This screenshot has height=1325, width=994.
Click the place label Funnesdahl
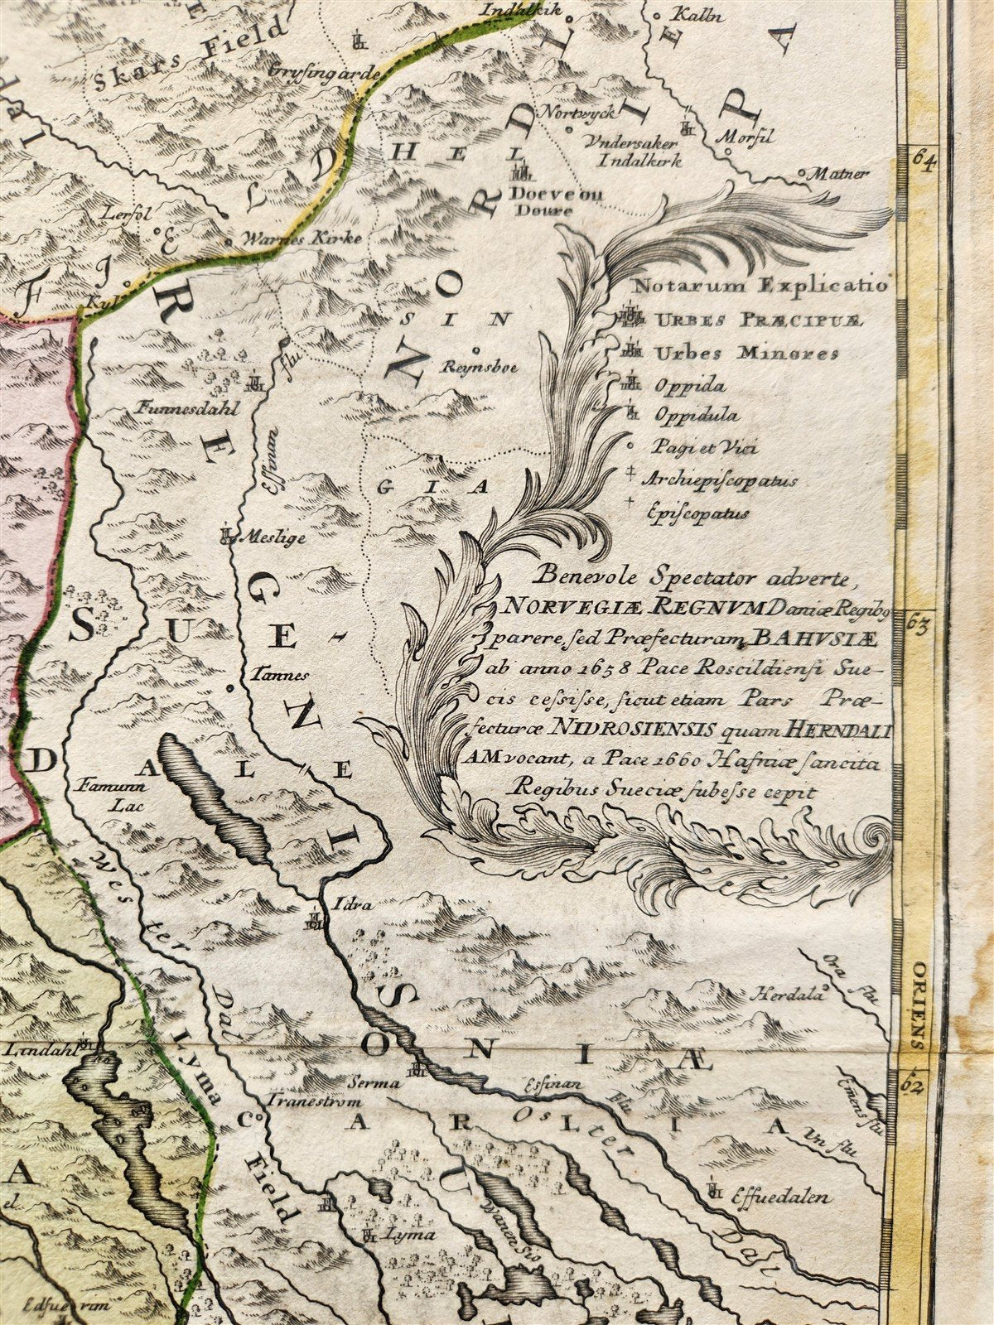click(x=177, y=407)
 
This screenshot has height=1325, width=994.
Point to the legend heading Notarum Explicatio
click(x=760, y=287)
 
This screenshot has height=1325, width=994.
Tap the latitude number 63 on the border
click(x=917, y=623)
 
